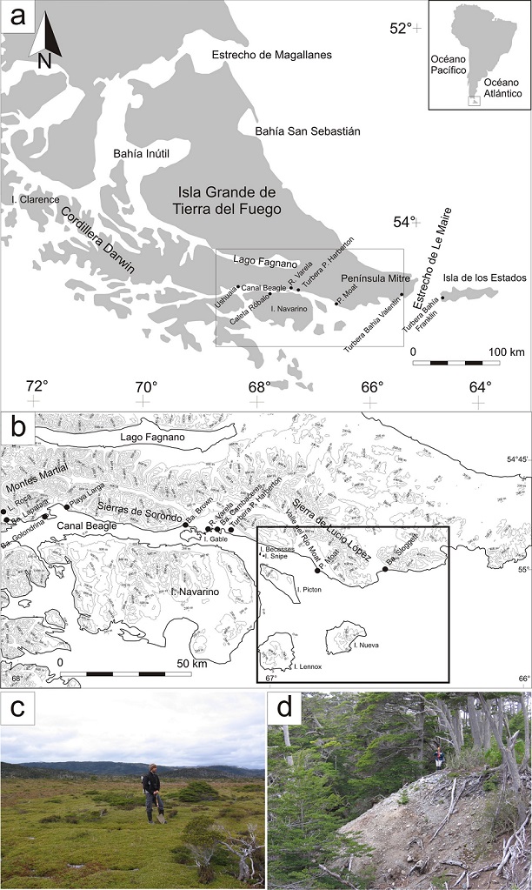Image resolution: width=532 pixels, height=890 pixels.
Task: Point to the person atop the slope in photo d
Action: tap(440, 757)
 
